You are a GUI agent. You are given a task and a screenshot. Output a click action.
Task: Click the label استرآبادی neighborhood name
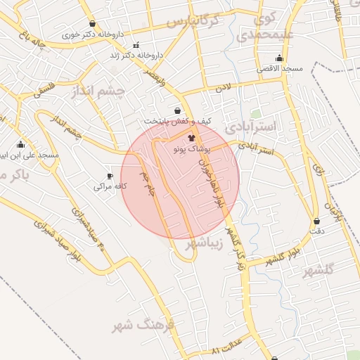(254, 126)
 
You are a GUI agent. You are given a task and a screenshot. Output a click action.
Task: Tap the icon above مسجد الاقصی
(280, 58)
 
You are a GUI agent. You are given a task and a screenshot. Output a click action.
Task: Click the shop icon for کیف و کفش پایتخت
(176, 110)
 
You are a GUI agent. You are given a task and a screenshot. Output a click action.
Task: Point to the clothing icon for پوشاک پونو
(192, 139)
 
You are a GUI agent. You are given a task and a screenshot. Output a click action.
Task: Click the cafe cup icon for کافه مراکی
(110, 176)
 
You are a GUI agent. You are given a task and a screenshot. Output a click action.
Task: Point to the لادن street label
(223, 88)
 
